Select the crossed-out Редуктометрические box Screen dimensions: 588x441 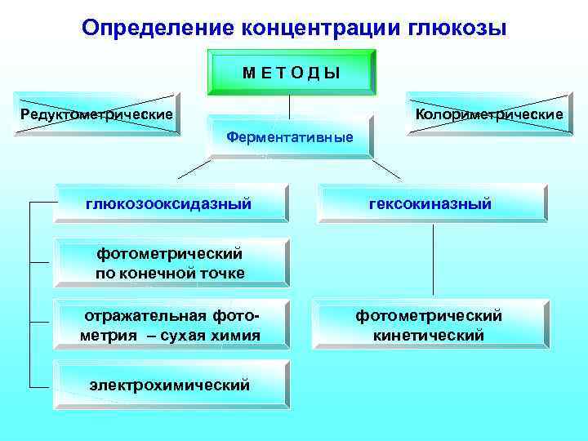click(x=96, y=114)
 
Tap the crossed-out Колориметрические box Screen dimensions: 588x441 click(x=489, y=114)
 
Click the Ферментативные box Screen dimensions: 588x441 click(x=290, y=137)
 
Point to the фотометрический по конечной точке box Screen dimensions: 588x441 click(x=170, y=264)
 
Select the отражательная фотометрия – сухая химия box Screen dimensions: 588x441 click(x=170, y=325)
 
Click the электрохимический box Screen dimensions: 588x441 click(x=170, y=384)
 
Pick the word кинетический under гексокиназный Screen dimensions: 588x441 click(x=430, y=335)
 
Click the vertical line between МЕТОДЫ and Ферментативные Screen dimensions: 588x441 click(x=290, y=106)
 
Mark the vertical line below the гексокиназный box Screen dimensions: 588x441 click(x=433, y=261)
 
